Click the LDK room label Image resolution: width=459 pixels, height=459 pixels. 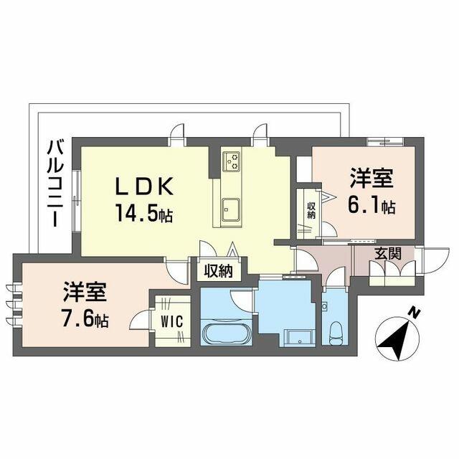click(x=145, y=186)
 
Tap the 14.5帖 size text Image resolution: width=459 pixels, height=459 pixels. click(x=144, y=213)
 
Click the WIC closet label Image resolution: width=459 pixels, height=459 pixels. click(x=172, y=321)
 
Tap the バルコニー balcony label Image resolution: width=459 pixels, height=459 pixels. click(x=56, y=184)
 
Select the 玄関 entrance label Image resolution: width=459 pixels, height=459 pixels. click(x=388, y=253)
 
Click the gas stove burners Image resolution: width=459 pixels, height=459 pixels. click(x=232, y=161)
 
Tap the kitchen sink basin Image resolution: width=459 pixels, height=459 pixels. click(x=231, y=209)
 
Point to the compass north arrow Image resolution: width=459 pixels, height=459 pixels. click(x=397, y=338)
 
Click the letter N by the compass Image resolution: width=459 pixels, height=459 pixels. click(x=414, y=313)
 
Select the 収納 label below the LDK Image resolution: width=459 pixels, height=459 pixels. click(x=218, y=271)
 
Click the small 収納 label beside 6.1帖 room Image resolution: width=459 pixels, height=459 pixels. click(x=311, y=211)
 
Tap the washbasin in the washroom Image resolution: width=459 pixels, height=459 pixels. click(x=301, y=339)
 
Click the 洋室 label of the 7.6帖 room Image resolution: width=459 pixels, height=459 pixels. click(x=85, y=292)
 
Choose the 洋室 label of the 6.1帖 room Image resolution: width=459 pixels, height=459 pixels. click(x=372, y=178)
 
